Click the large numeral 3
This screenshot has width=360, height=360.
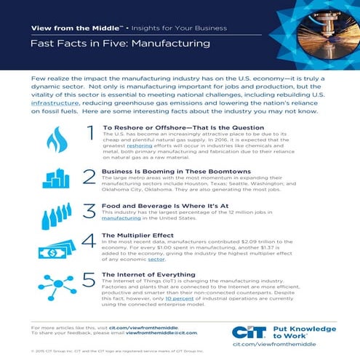tap(90, 211)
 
